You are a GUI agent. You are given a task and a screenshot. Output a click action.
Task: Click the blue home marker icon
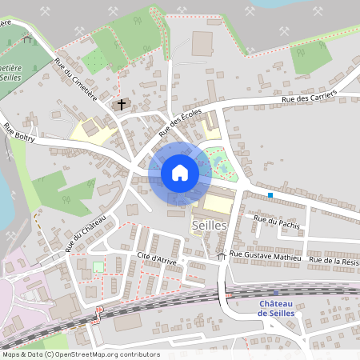[179, 173]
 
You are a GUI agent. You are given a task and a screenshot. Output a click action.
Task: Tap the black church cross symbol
[122, 104]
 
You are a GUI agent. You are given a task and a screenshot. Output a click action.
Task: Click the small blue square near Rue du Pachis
[270, 195]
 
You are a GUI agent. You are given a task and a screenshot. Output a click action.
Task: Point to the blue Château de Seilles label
[276, 308]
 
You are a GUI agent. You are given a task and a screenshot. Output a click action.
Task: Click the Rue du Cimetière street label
[76, 79]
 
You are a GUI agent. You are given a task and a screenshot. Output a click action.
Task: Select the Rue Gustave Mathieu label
[265, 256]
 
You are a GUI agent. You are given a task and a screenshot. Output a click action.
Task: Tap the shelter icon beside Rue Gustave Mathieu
[222, 255]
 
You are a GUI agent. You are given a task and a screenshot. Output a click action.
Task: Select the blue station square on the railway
[276, 293]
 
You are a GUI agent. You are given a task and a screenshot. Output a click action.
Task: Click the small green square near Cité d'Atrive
[98, 267]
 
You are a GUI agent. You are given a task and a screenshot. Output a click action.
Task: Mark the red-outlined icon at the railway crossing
[99, 310]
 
